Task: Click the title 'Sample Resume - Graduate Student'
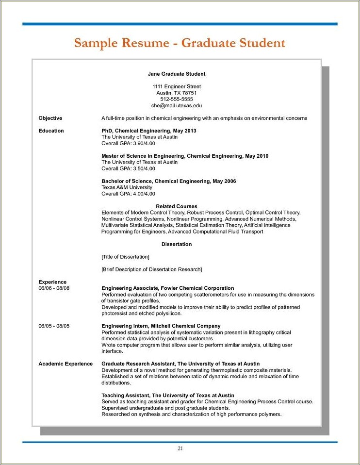[x=180, y=43]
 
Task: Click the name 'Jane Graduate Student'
[x=177, y=74]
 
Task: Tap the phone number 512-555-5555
[x=177, y=99]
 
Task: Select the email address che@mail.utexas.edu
[x=177, y=105]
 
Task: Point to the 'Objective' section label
[x=50, y=118]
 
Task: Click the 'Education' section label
[x=51, y=131]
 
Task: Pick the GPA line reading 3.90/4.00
[x=128, y=143]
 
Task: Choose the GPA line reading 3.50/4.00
[x=128, y=168]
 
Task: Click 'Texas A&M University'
[x=127, y=187]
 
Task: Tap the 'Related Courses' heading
[x=177, y=206]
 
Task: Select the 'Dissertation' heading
[x=177, y=244]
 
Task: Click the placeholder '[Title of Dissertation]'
[x=125, y=256]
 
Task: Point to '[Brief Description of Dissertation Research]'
[x=151, y=269]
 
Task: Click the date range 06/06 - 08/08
[x=54, y=288]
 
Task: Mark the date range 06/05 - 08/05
[x=54, y=326]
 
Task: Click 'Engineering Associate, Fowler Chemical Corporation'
[x=168, y=288]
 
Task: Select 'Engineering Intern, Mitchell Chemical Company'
[x=161, y=326]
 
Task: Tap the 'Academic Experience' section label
[x=65, y=364]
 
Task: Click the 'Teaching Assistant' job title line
[x=168, y=396]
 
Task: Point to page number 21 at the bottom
[x=180, y=448]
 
